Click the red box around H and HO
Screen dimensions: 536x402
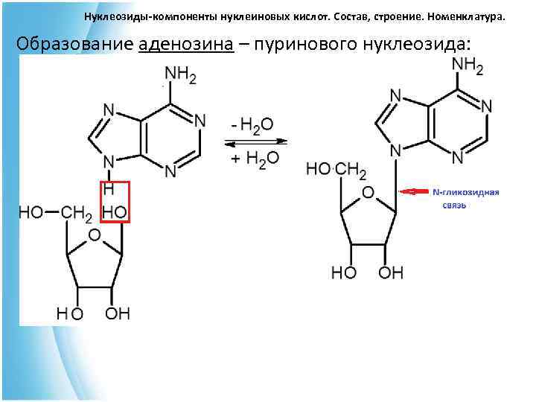pos(116,201)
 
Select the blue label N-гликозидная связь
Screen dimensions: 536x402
pos(465,197)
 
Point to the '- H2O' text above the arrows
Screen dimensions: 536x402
pos(254,124)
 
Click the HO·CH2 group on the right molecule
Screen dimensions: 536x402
pos(336,170)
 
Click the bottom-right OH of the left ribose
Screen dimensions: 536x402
pos(117,313)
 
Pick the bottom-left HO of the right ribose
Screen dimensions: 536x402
pos(344,272)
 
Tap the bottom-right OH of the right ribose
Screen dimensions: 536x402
pos(391,272)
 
